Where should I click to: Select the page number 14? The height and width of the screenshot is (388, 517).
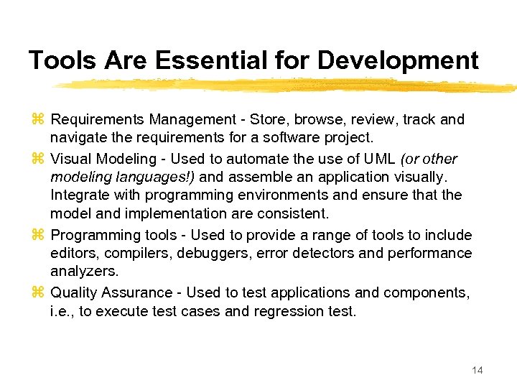[477, 370]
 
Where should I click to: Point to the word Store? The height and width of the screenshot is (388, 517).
[267, 119]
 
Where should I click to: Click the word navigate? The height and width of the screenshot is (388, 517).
[78, 138]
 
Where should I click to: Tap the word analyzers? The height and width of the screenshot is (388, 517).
[84, 272]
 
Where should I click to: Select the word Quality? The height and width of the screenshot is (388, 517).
[75, 292]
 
